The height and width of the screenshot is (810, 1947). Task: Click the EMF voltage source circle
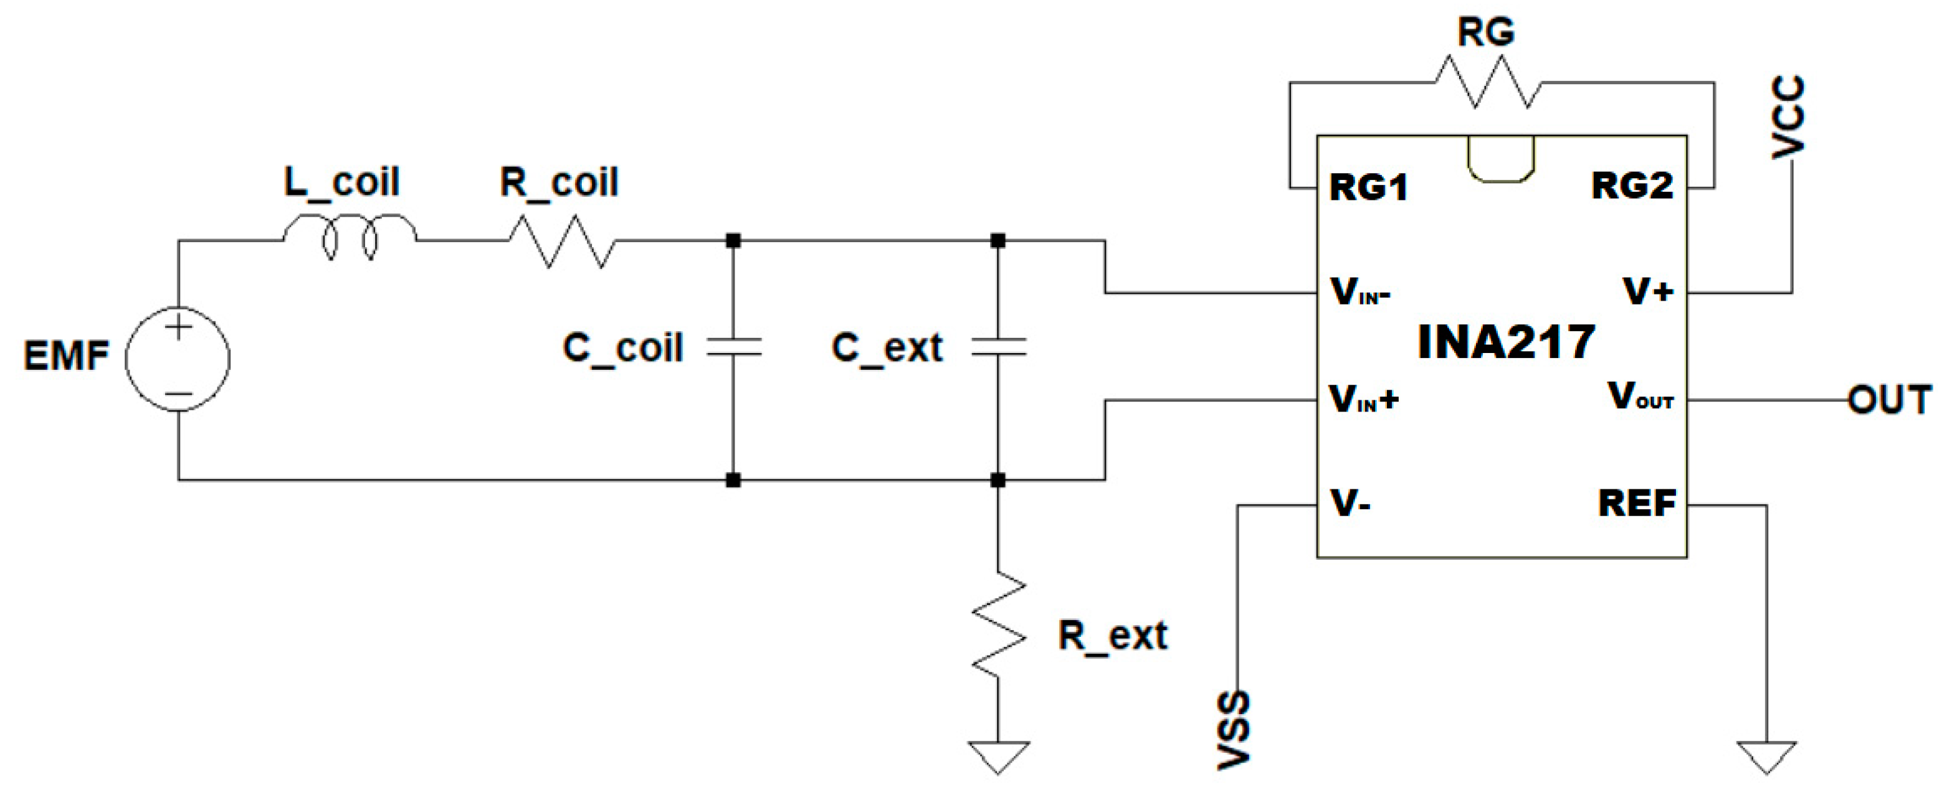pos(178,359)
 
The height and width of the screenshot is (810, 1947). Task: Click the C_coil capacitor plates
pos(733,347)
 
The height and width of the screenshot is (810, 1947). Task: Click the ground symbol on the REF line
pos(1766,756)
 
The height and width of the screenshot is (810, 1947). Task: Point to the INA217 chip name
pos(1506,342)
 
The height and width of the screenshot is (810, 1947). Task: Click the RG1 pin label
pos(1368,187)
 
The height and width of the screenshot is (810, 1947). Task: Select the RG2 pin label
pos(1632,186)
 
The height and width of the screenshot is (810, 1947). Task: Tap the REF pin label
pos(1636,503)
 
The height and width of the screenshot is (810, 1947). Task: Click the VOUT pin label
pos(1639,397)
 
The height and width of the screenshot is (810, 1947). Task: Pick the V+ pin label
pos(1648,291)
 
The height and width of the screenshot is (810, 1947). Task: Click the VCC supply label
pos(1788,118)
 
